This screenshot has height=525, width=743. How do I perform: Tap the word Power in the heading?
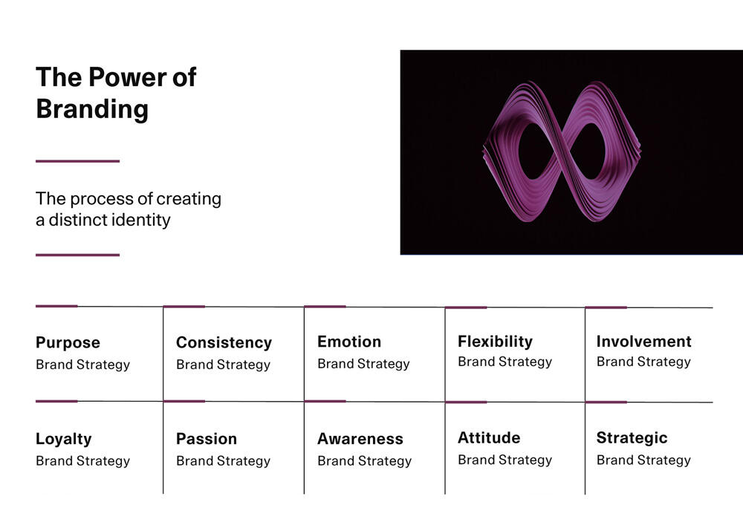pos(128,77)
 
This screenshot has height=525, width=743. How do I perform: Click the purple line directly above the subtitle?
pos(78,161)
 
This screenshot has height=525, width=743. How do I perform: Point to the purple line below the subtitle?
pos(78,255)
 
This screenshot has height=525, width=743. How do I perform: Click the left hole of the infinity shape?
pos(536,151)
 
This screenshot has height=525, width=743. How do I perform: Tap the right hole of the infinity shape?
pos(588,151)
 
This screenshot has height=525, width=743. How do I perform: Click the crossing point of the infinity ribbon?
pos(562,151)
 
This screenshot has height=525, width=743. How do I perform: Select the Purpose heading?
pos(68,343)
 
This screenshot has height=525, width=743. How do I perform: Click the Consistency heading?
pos(224,343)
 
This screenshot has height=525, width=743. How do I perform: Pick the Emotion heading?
pos(349,342)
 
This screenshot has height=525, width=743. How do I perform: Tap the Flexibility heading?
pos(495,342)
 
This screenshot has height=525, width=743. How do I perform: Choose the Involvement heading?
pos(644,342)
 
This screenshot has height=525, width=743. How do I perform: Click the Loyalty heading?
pos(63,440)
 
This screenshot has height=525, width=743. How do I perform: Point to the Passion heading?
pos(207,439)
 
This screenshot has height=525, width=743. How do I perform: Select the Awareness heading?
pos(360,439)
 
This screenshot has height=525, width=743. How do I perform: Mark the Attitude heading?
pos(489,438)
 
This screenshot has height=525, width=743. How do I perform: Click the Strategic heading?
pos(632,438)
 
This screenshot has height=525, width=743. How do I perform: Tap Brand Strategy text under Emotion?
pos(363,364)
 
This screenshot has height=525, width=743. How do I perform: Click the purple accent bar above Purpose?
pos(56,306)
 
